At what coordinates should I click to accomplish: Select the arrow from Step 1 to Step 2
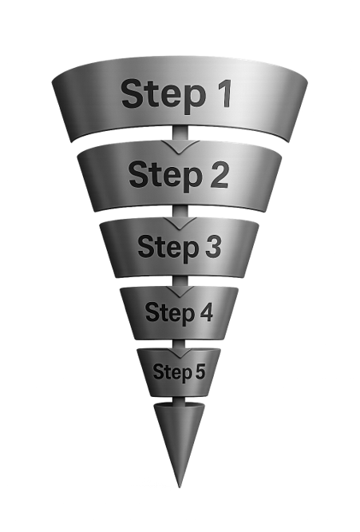(180, 143)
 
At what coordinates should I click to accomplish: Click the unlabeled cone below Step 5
(179, 435)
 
